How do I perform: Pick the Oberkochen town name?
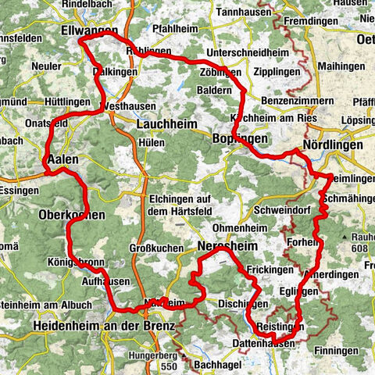click(x=70, y=214)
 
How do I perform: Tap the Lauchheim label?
click(x=163, y=123)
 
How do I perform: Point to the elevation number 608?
click(x=358, y=249)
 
